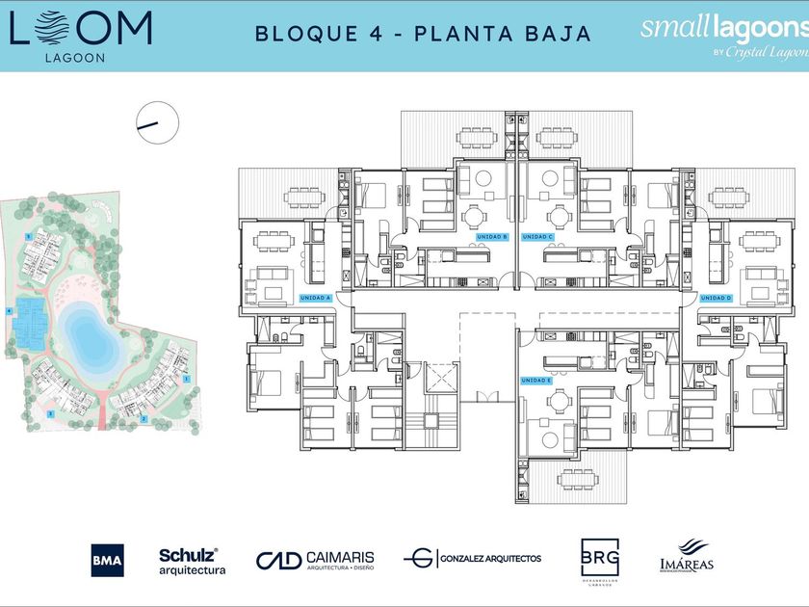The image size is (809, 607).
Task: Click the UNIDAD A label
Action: coord(316,298)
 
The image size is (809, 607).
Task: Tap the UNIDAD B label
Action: coord(492,236)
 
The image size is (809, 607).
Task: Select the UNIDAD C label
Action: coord(537,236)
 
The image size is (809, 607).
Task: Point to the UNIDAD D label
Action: coord(716,298)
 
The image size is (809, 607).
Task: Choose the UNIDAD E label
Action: coord(536,381)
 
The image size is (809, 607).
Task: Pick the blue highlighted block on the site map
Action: coord(31,327)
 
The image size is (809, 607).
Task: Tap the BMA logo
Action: coord(107,560)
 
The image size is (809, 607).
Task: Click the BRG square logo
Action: coord(599,557)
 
